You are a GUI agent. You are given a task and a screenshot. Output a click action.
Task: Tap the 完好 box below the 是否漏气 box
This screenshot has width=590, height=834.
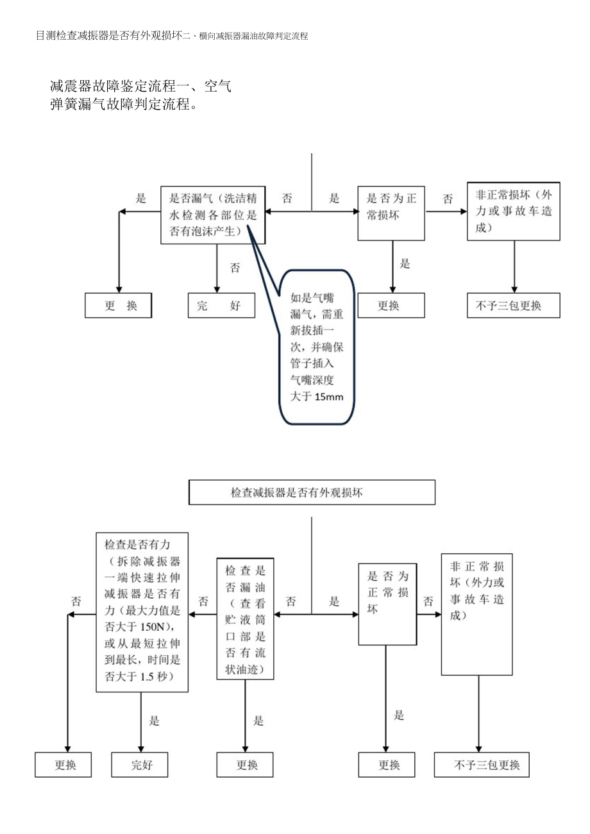click(x=221, y=305)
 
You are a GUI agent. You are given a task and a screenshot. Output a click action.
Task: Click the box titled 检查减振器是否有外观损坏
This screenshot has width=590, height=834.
click(x=311, y=492)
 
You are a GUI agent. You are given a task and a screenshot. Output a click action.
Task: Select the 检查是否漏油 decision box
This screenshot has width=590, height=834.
click(x=245, y=618)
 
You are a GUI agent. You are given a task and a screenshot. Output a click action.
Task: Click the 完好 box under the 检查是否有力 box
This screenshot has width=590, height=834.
click(x=140, y=765)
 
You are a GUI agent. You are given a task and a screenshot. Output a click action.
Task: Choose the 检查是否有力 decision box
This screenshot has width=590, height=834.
click(x=142, y=611)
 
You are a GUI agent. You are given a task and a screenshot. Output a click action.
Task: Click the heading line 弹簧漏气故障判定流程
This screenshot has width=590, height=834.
click(x=122, y=104)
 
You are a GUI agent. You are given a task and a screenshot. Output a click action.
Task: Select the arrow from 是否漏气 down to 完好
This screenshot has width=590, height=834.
click(x=217, y=269)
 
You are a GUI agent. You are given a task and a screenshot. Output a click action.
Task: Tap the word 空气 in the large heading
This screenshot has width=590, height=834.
click(x=217, y=86)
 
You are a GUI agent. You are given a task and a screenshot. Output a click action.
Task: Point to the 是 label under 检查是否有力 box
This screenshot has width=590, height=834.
click(x=155, y=721)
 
